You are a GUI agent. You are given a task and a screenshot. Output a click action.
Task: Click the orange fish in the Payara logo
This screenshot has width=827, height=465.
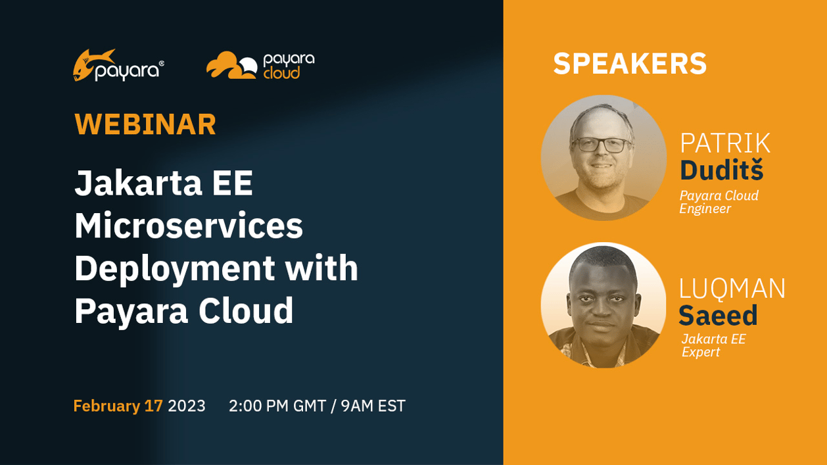pos(91,64)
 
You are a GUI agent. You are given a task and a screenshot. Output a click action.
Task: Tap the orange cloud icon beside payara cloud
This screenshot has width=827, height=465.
pos(231,65)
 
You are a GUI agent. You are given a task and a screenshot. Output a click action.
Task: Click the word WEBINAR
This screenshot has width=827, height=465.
pos(145,124)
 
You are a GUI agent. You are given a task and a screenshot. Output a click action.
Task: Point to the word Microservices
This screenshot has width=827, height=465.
pos(189,226)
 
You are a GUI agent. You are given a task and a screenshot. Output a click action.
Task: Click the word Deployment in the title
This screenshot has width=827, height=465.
pos(175,268)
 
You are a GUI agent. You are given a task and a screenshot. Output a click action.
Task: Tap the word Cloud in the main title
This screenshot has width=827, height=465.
pos(247,310)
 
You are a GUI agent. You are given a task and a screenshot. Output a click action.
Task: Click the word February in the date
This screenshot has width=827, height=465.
pos(106,406)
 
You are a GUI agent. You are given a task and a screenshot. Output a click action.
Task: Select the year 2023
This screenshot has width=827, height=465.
pos(187,406)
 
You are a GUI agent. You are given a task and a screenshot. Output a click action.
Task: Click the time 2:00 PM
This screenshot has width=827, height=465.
pos(259,406)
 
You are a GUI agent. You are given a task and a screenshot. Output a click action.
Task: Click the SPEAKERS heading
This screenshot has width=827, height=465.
pos(630,64)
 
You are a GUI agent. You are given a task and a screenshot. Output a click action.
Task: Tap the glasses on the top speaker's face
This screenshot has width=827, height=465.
pos(601,145)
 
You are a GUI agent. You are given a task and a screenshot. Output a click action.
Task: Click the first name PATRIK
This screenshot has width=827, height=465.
pos(725,143)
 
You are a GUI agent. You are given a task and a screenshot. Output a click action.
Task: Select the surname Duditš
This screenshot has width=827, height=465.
pos(721,170)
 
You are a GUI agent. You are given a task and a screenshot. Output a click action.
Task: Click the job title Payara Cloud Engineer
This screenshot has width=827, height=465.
pos(719,202)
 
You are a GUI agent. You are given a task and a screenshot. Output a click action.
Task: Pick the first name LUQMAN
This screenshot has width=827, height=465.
pos(732,289)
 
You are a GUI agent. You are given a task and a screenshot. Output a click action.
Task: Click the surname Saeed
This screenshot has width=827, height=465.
pos(718,316)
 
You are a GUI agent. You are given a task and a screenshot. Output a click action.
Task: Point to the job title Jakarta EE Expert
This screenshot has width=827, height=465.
pos(713,345)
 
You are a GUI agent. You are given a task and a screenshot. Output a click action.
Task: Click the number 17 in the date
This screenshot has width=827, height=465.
pos(154,406)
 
